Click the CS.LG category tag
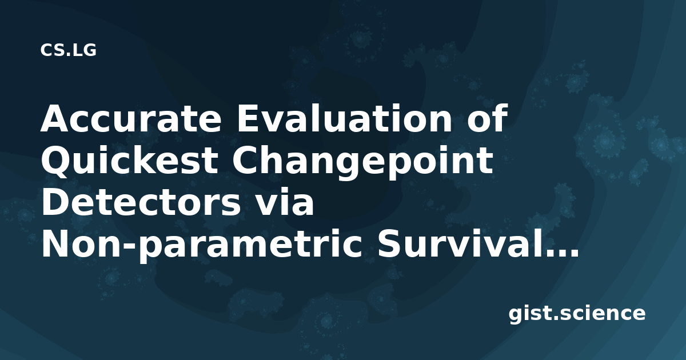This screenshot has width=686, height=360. [x=68, y=50]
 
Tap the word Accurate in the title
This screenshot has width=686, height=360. [x=131, y=118]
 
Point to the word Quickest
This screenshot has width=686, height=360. [x=129, y=161]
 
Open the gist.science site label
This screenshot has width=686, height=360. [x=577, y=314]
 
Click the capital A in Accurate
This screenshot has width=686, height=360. [x=56, y=118]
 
